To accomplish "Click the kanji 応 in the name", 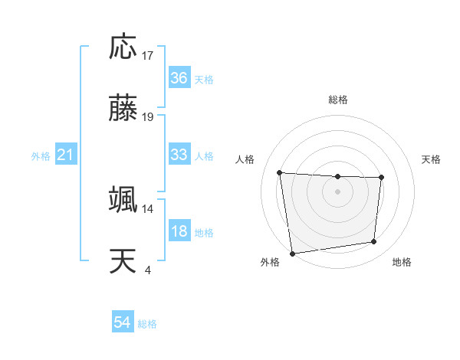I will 123,47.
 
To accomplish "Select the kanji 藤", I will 123,108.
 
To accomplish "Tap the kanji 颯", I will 123,199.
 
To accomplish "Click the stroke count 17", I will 148,56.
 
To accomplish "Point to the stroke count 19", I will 148,117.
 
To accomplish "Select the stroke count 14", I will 148,208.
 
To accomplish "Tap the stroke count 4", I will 148,270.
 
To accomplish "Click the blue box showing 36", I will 179,77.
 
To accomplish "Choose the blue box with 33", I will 179,155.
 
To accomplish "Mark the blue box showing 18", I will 179,231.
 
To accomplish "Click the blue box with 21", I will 65,155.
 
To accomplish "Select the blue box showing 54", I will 123,322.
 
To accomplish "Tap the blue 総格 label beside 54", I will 147,324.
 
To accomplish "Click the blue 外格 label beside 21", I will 41,156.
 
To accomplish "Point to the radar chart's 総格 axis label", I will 338,100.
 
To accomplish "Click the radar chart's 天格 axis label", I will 432,159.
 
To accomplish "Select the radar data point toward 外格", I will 292,253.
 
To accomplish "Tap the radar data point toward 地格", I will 374,242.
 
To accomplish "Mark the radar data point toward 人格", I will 280,172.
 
